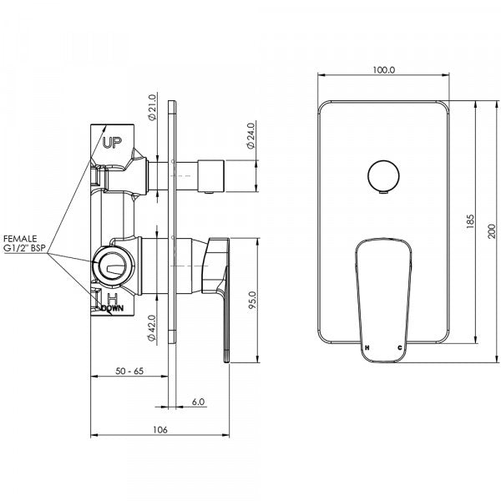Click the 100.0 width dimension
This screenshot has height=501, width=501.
383,71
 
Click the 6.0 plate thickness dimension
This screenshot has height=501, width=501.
198,402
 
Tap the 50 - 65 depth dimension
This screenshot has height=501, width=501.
129,370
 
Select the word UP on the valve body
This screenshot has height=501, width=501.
112,143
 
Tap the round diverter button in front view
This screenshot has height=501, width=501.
382,177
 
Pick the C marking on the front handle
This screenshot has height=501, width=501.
400,346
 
